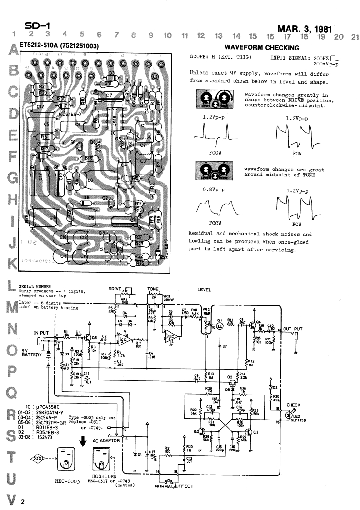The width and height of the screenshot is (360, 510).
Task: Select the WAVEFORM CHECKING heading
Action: click(262, 48)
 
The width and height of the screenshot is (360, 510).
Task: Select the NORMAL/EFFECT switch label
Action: click(174, 486)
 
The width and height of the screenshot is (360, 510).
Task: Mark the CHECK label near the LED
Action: click(293, 405)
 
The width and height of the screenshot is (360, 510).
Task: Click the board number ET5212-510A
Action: click(41, 46)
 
